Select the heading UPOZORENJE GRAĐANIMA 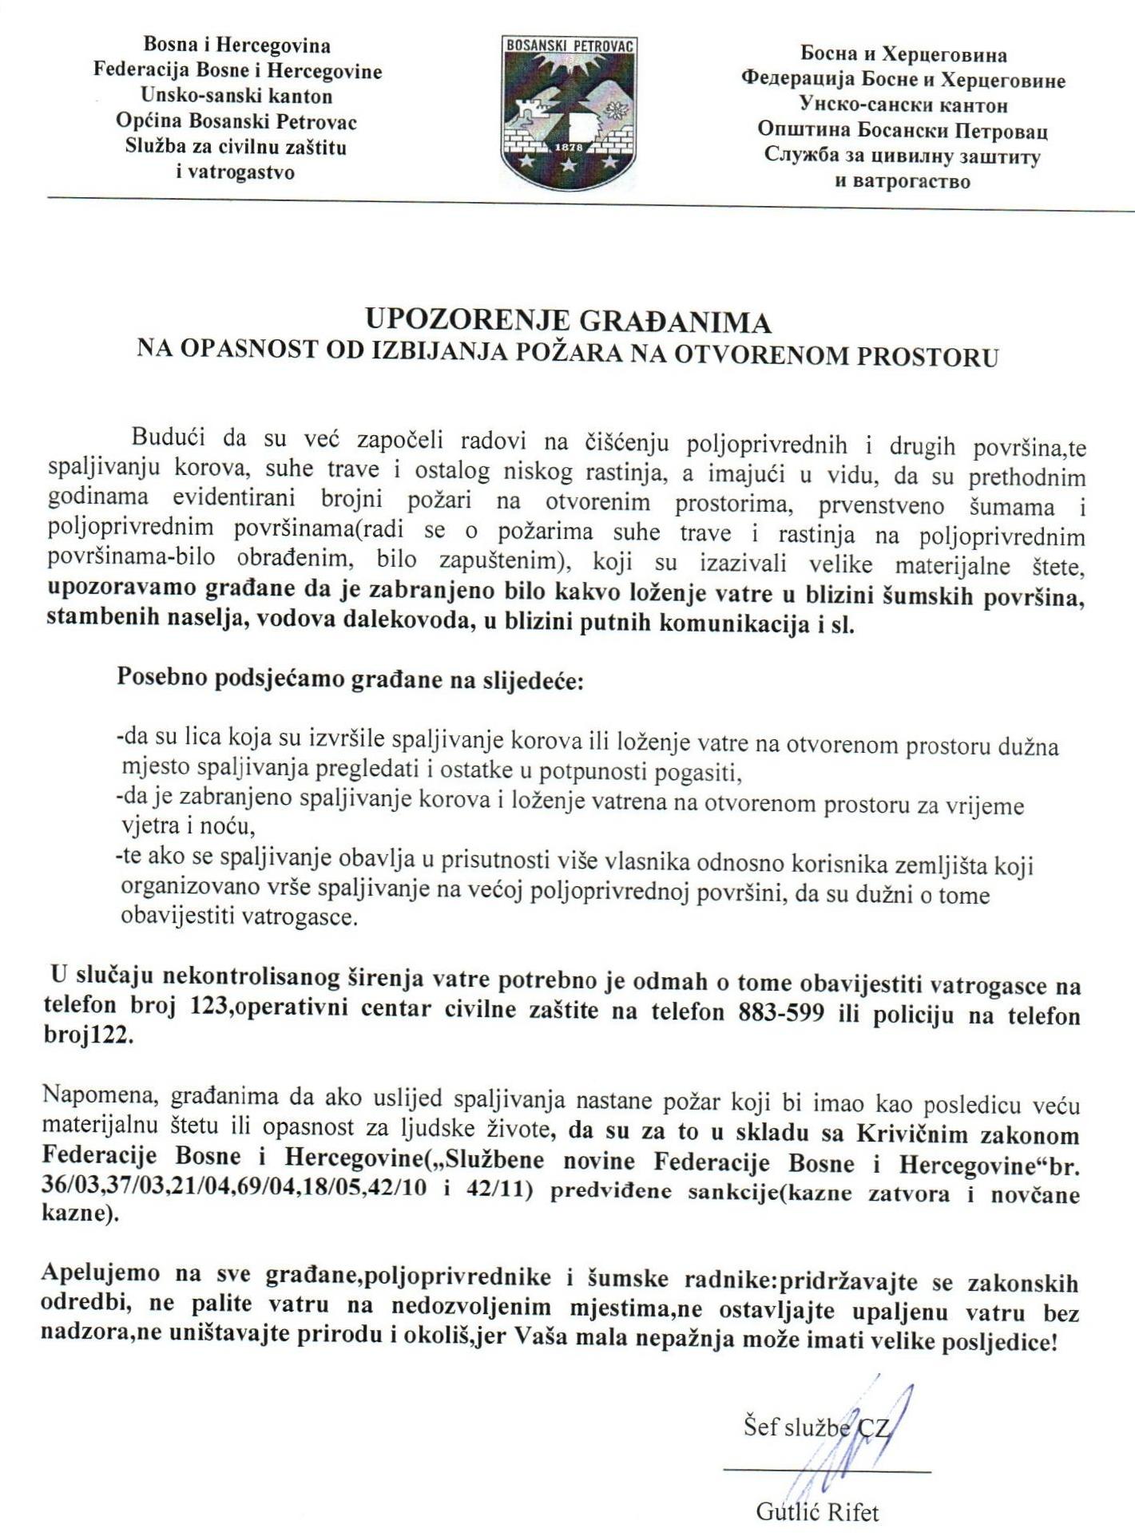pyautogui.click(x=568, y=321)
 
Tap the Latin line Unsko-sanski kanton pyautogui.click(x=236, y=97)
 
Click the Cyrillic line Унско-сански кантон pyautogui.click(x=903, y=105)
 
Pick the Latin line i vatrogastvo pyautogui.click(x=236, y=172)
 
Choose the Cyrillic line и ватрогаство pyautogui.click(x=903, y=180)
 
